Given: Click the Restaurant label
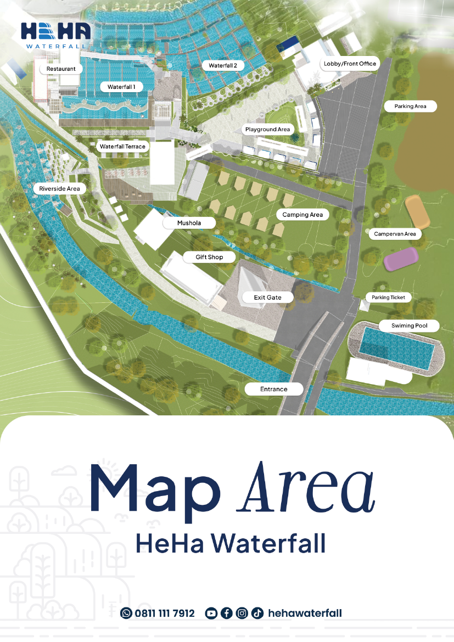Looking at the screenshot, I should (x=61, y=69).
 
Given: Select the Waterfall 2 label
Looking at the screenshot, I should (x=223, y=66).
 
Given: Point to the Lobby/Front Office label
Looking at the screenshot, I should (x=350, y=64).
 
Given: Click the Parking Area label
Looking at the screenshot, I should (x=410, y=106).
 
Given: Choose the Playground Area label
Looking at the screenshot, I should (x=267, y=129).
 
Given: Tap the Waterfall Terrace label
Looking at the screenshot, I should (x=122, y=147).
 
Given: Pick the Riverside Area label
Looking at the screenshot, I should (x=59, y=188).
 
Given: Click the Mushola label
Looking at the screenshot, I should (x=189, y=223).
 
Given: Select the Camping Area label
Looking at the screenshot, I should (x=302, y=215).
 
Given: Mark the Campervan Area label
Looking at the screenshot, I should (x=395, y=234).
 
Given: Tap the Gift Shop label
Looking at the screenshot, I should (x=209, y=257).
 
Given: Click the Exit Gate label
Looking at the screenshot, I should (x=267, y=297).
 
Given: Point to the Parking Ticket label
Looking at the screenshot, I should (x=388, y=297).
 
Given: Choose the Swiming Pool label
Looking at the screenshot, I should (x=409, y=326).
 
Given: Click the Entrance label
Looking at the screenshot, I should (x=273, y=389).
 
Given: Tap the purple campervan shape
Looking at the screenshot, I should (x=401, y=259).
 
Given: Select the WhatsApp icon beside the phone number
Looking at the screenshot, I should (x=126, y=613).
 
